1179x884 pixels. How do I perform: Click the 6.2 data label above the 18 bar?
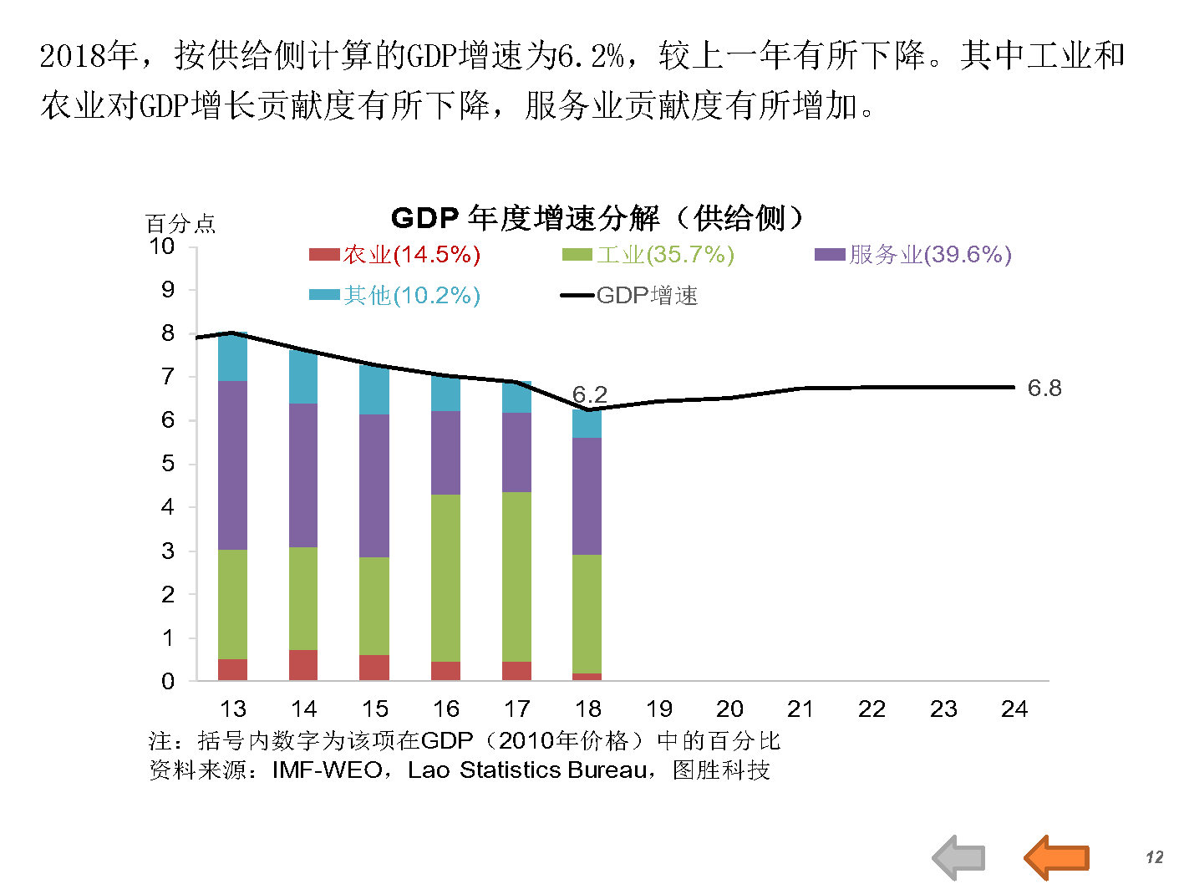click(589, 394)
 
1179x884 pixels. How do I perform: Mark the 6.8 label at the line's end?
click(1044, 388)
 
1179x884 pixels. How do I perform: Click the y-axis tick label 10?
click(161, 246)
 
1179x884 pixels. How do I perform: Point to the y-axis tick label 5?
click(168, 464)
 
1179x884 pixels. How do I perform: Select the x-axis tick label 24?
click(1014, 709)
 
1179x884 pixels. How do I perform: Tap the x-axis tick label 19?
click(658, 709)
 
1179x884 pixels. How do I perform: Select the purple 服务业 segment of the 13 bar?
click(232, 465)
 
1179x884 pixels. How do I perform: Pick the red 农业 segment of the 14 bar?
click(303, 665)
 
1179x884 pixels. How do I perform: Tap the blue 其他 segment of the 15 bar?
click(374, 390)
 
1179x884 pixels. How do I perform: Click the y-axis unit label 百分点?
click(180, 224)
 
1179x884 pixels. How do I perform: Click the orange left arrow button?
click(1057, 857)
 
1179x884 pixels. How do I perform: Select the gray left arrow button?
click(959, 857)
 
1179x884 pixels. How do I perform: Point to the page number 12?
click(1154, 857)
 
